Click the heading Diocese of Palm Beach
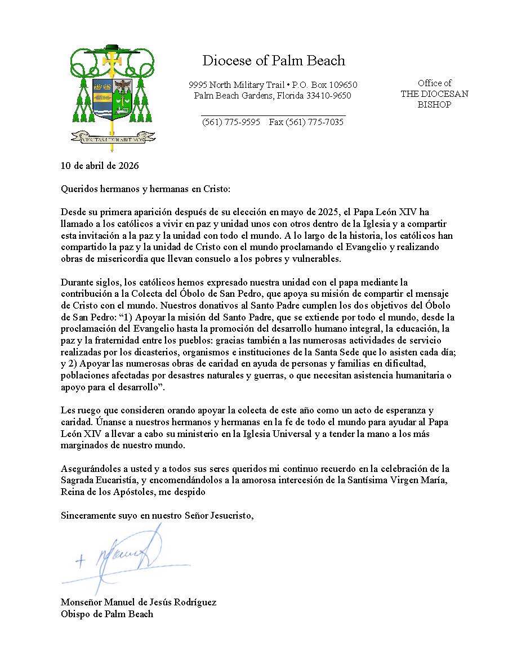[274, 60]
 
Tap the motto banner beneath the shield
[113, 136]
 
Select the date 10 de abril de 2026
[100, 166]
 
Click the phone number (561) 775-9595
[231, 122]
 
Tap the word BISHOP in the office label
[434, 105]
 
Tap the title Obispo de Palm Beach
[107, 614]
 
